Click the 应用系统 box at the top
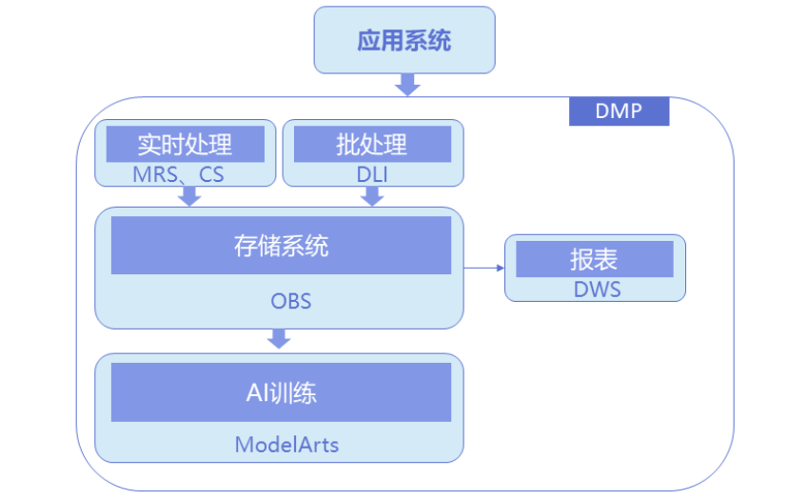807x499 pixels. click(404, 41)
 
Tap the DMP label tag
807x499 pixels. click(619, 111)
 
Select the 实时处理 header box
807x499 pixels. click(185, 145)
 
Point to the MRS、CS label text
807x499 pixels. click(179, 174)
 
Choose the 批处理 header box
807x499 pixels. click(372, 145)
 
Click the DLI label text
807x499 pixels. click(373, 174)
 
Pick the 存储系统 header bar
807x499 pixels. click(281, 246)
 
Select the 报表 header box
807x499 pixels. click(595, 258)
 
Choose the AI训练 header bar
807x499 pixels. click(281, 391)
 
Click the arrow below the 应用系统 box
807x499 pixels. click(407, 85)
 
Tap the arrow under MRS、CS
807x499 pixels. click(189, 196)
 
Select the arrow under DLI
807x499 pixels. click(373, 196)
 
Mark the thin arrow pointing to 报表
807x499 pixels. click(483, 268)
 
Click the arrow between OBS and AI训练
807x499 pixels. click(279, 338)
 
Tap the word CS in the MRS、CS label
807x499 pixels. click(211, 174)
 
